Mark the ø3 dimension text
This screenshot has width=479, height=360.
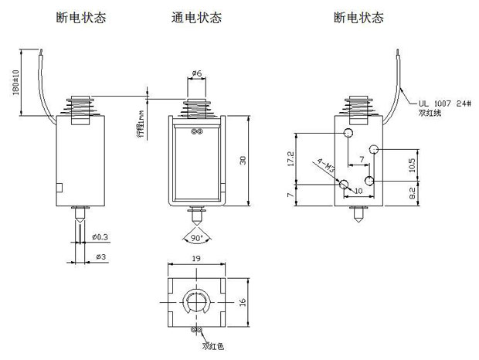(98, 255)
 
